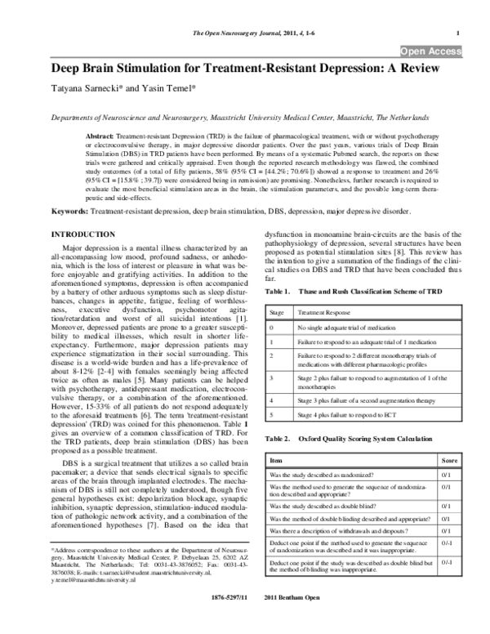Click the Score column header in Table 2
pos(449,462)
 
